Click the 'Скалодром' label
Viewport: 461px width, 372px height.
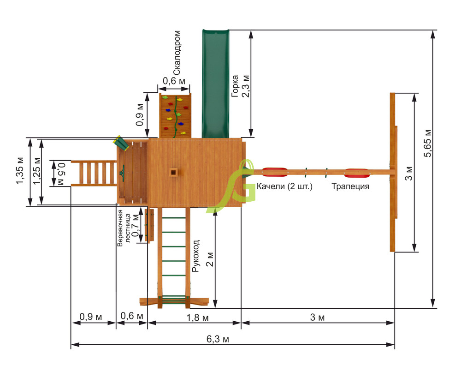click(x=177, y=53)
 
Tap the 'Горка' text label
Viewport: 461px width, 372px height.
click(x=235, y=86)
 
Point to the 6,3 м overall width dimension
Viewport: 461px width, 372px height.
click(x=218, y=339)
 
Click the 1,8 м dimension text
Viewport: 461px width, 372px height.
click(x=198, y=318)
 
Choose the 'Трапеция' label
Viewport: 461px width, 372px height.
click(x=350, y=186)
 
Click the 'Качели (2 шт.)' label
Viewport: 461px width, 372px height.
click(x=284, y=186)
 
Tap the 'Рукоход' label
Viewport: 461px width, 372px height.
click(x=195, y=256)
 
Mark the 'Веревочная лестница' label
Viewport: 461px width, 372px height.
click(x=124, y=228)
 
